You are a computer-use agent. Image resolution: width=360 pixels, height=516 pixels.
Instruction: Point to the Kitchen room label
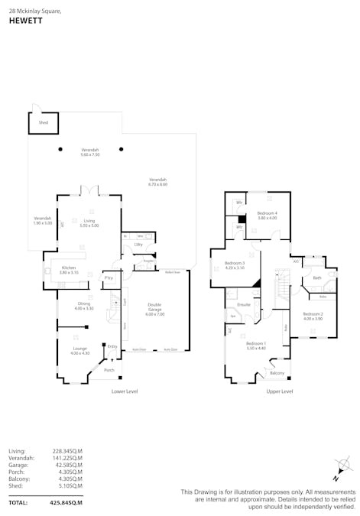(x=70, y=269)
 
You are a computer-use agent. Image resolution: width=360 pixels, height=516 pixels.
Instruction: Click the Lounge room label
(x=79, y=350)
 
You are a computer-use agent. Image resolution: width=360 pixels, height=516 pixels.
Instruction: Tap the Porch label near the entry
(x=109, y=370)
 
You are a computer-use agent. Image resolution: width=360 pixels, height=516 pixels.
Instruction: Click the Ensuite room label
(x=244, y=304)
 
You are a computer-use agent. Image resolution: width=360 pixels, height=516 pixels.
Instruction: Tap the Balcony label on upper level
(x=277, y=372)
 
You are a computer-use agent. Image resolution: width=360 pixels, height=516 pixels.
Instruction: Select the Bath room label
(x=316, y=277)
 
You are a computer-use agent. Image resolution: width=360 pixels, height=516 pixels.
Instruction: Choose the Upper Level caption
(x=280, y=391)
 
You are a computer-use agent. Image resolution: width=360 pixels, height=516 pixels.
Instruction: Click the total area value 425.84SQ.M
(x=66, y=503)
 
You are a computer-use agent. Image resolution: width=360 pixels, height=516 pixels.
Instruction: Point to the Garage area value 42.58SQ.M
(x=66, y=465)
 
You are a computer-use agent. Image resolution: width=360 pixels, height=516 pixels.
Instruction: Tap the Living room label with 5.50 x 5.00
(x=90, y=223)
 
